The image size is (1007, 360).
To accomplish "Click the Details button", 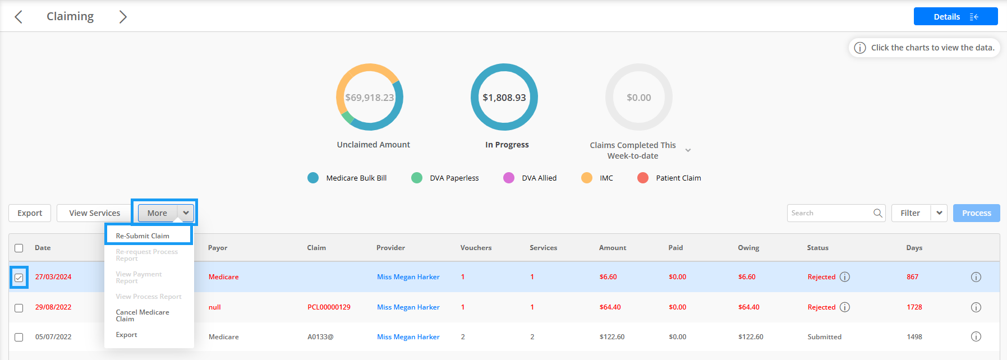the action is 955,17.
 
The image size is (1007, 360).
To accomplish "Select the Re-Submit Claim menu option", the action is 142,236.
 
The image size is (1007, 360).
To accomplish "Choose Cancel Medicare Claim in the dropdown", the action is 142,316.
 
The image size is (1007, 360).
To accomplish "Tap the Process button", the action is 976,213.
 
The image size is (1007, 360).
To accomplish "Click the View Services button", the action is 94,213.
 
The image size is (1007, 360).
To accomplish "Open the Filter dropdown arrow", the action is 939,213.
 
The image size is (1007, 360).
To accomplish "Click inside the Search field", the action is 830,213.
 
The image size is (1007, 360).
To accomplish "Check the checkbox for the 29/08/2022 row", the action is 19,308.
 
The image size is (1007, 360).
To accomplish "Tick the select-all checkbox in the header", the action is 19,248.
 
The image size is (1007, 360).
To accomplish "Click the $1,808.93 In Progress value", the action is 504,98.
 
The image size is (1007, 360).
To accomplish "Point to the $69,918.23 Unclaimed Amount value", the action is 369,98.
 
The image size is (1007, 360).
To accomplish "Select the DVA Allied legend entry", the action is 530,178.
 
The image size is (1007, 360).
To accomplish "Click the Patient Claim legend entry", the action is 669,178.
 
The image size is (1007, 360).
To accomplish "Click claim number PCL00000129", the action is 329,307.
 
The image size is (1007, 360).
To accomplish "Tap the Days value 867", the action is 913,277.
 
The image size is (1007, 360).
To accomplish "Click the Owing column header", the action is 748,248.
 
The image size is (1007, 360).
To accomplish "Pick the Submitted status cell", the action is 824,337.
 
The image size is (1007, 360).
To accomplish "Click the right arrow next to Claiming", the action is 123,17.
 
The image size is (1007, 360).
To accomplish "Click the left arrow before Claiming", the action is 19,17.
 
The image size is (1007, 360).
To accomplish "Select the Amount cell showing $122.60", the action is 611,337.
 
